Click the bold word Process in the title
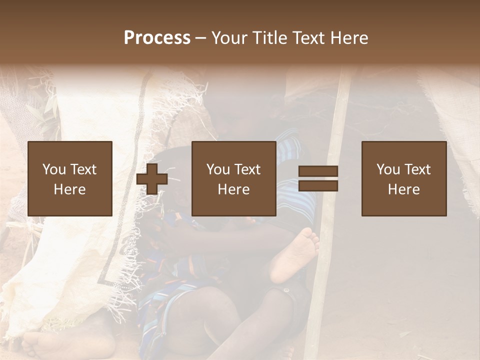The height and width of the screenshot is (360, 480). point(157,38)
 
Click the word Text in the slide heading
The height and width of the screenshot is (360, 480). point(307,38)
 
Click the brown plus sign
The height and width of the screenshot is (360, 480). point(152,179)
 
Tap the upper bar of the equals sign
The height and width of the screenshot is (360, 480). point(318,171)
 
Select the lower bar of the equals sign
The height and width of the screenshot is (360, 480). point(318,186)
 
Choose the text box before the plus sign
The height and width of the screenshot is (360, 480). point(70,178)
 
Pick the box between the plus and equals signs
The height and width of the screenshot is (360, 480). point(234,178)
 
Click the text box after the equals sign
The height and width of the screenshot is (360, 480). point(404,178)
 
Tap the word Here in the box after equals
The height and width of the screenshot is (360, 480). point(404,189)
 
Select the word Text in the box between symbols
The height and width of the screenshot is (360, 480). point(247,169)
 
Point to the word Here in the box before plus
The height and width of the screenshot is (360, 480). point(70,189)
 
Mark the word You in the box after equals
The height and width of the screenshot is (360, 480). point(388,169)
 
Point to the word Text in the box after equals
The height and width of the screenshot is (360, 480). point(417,169)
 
